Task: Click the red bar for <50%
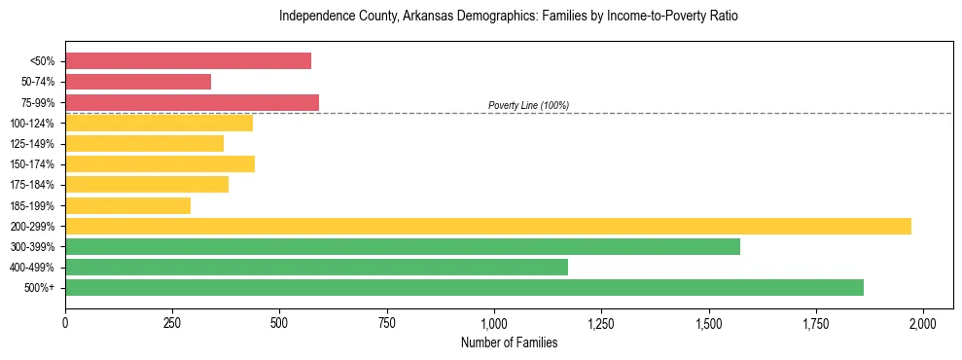click(x=188, y=61)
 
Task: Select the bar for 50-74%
click(x=138, y=82)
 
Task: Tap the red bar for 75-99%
click(x=192, y=102)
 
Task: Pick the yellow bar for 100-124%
click(x=159, y=123)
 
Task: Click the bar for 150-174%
click(x=160, y=164)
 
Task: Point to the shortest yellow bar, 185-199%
click(x=127, y=205)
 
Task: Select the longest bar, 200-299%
click(x=488, y=226)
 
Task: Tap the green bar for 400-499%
click(x=316, y=267)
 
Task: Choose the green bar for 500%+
click(x=464, y=287)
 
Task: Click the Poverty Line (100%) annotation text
click(x=528, y=105)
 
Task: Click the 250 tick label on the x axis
click(x=172, y=323)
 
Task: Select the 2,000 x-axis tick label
click(x=923, y=323)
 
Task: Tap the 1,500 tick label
click(x=709, y=323)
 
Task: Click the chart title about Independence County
click(x=509, y=17)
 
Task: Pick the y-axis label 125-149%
click(x=32, y=144)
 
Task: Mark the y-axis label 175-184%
click(x=32, y=185)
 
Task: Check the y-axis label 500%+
click(x=39, y=288)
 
